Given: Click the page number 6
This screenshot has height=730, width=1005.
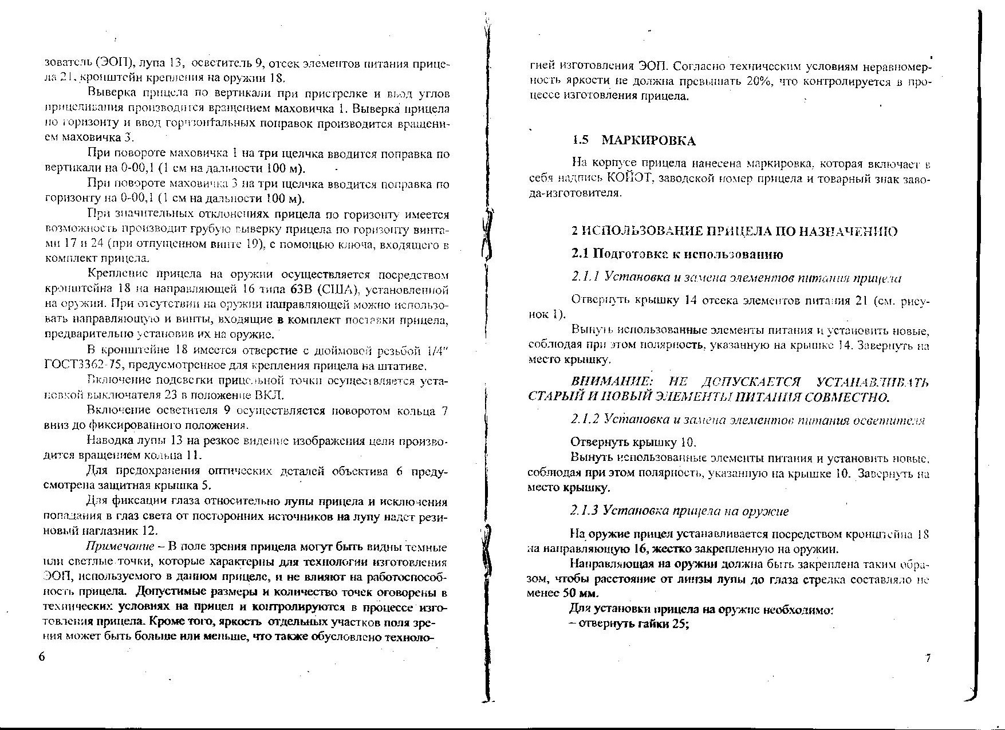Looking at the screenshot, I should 41,657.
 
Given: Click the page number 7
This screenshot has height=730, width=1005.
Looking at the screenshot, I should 928,658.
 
